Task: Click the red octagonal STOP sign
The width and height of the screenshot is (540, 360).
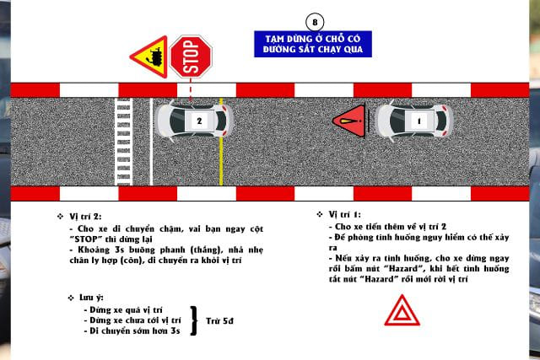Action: point(191,56)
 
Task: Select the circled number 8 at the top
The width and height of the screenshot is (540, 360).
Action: point(315,22)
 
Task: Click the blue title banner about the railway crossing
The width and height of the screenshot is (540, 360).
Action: point(313,44)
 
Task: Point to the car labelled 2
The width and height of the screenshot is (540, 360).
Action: point(194,121)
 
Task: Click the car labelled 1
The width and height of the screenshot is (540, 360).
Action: point(414,121)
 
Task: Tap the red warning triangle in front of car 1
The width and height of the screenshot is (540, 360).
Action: point(349,121)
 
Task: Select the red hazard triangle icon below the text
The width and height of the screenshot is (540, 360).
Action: point(402,310)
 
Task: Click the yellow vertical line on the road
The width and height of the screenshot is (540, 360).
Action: point(221,142)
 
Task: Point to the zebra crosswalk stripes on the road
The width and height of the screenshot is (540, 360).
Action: point(124,142)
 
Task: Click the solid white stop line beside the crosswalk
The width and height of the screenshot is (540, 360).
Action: point(151,142)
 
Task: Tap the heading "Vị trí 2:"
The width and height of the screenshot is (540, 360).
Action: point(85,217)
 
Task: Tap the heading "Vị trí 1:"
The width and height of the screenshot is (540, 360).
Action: point(345,214)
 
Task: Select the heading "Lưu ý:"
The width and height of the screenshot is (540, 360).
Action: point(91,298)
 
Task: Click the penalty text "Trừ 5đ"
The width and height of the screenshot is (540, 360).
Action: point(219,320)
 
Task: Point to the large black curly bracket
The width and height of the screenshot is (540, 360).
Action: point(194,320)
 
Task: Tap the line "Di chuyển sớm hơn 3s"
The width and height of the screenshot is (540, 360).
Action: point(132,330)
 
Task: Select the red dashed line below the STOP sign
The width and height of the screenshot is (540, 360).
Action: point(191,89)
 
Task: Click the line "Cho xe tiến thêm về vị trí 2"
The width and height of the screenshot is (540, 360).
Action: point(388,227)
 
